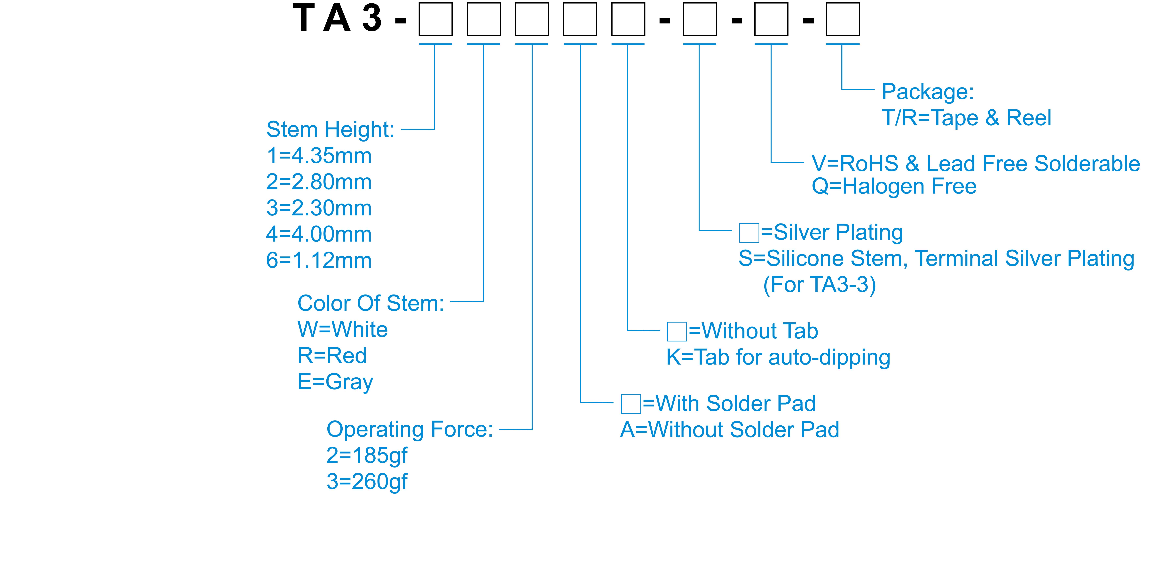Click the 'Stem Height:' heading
pyautogui.click(x=330, y=130)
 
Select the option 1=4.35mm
pyautogui.click(x=319, y=156)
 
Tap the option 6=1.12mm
pyautogui.click(x=319, y=260)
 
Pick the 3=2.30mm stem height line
pyautogui.click(x=319, y=208)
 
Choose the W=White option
pyautogui.click(x=343, y=330)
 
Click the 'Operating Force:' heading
pyautogui.click(x=410, y=429)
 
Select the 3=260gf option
pyautogui.click(x=367, y=482)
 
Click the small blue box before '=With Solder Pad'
pyautogui.click(x=631, y=404)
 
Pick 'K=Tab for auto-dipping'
pyautogui.click(x=778, y=357)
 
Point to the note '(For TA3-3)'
pyautogui.click(x=819, y=285)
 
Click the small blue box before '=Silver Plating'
pyautogui.click(x=749, y=233)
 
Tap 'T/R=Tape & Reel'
pyautogui.click(x=966, y=118)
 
